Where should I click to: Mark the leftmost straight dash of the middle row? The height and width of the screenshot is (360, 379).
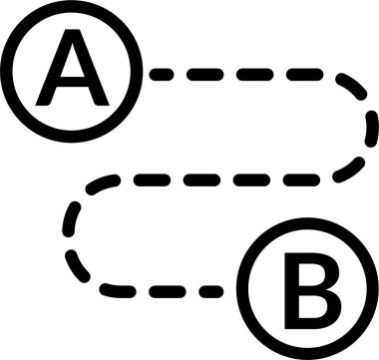[x=136, y=180]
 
